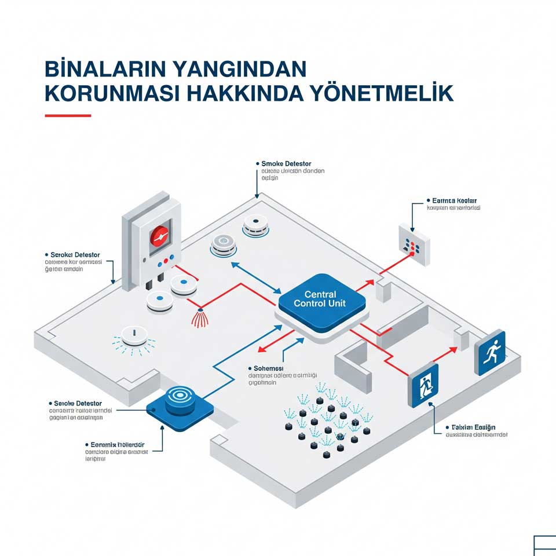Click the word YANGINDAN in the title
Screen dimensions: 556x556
tap(239, 68)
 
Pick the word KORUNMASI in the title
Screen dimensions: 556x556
tap(112, 93)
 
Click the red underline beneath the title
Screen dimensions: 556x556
tap(68, 115)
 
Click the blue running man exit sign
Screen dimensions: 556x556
tap(489, 353)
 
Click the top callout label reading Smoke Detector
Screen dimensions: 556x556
tap(286, 164)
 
